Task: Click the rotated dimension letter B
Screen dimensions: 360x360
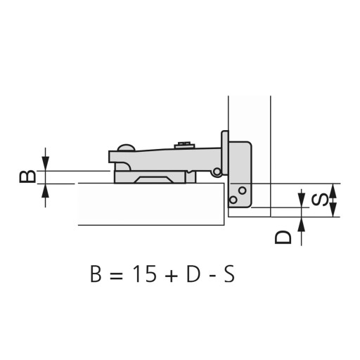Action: [x=27, y=176]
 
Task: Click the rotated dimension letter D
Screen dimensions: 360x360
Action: [x=283, y=237]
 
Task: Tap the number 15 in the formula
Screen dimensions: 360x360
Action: [x=144, y=274]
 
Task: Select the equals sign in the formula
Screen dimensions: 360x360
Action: [x=116, y=275]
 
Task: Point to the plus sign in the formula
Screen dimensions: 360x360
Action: [x=171, y=276]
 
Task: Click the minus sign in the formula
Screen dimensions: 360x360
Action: [x=212, y=276]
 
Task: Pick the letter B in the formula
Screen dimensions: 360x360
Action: [x=96, y=274]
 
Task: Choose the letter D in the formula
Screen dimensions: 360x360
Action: [x=193, y=274]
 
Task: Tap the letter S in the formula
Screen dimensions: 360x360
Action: [x=229, y=274]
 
